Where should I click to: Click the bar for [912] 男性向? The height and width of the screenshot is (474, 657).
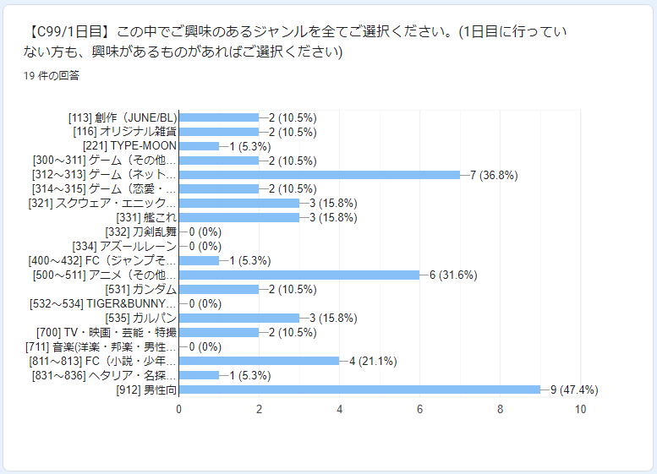pos(359,390)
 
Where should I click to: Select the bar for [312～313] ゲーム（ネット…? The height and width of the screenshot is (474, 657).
pos(320,175)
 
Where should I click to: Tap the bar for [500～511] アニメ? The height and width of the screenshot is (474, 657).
pos(299,275)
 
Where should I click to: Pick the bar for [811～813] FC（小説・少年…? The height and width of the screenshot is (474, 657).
pos(259,361)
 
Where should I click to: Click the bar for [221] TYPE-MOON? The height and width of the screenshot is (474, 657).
pos(199,146)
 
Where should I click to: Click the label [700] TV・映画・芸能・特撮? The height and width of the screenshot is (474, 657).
pos(107,332)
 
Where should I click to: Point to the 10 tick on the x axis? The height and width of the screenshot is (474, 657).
pos(580,409)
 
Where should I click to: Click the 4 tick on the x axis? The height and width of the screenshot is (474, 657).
pos(339,409)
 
